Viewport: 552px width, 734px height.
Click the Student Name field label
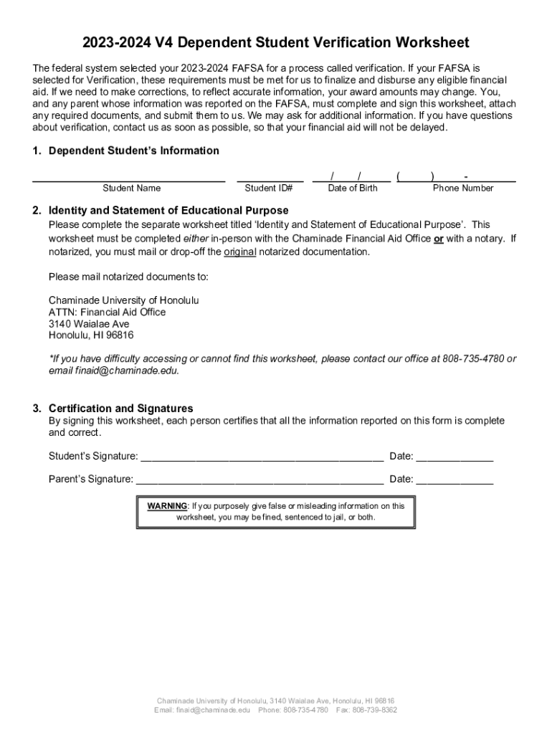131,189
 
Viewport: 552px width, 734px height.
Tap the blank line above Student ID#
269,180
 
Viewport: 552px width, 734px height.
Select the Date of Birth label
352,189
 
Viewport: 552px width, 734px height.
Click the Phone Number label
462,189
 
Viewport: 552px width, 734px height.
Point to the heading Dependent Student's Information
133,151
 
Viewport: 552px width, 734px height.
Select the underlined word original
240,252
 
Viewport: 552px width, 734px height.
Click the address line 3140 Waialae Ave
89,324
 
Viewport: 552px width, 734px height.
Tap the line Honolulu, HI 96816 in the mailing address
91,335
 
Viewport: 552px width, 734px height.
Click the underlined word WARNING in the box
167,506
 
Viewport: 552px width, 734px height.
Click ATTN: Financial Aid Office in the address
107,313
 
